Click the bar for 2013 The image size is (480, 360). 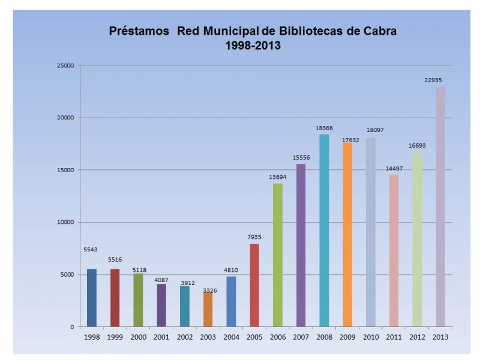(x=440, y=207)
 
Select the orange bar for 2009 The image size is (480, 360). (x=347, y=235)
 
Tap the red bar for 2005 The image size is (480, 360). (x=254, y=285)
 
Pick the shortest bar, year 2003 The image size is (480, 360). (x=208, y=309)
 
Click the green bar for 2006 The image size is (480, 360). (x=278, y=255)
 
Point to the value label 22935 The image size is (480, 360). (x=440, y=79)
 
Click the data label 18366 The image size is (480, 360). (x=324, y=128)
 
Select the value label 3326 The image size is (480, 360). (x=208, y=291)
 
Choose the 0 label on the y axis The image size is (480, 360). (x=72, y=327)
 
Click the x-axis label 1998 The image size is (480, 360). (x=91, y=337)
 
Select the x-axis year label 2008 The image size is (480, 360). (x=324, y=337)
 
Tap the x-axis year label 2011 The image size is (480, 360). (x=394, y=337)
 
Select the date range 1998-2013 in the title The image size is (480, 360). (x=253, y=45)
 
